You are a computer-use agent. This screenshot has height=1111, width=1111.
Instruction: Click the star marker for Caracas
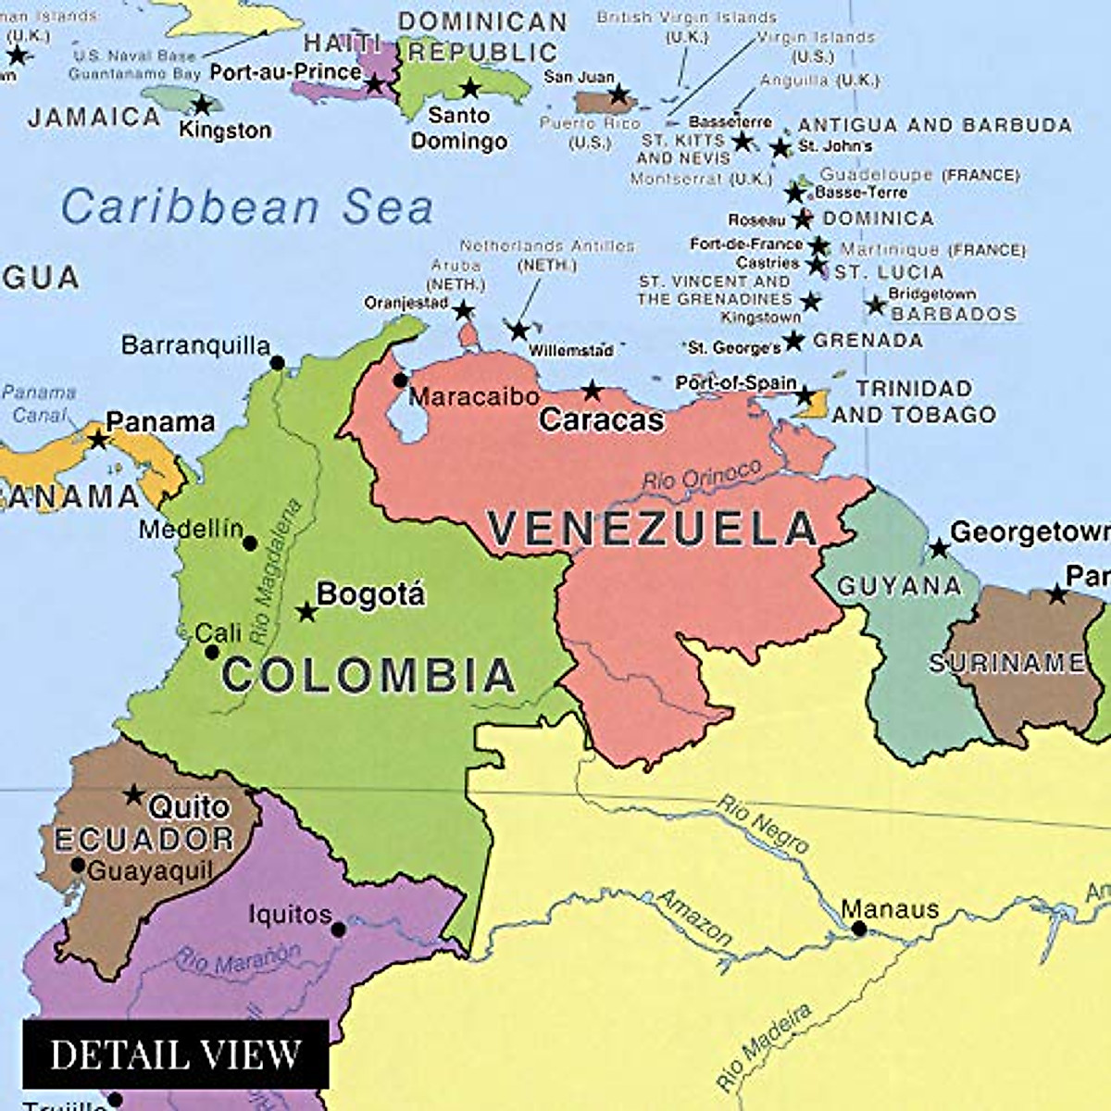592,391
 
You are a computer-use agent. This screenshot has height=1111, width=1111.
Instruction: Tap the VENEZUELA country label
653,530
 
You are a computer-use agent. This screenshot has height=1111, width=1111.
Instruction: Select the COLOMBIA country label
368,675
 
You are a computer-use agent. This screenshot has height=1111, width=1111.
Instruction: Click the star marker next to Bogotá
306,612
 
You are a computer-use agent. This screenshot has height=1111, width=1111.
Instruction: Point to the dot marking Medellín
250,543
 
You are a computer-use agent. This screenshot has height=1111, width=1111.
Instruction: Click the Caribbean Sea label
247,206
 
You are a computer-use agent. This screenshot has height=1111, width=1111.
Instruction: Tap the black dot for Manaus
859,929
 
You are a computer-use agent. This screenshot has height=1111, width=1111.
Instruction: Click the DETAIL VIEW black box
176,1055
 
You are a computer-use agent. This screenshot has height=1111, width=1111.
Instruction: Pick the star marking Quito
134,794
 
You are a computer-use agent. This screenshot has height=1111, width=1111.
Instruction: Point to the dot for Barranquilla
278,364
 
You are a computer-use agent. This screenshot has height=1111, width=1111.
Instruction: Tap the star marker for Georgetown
939,549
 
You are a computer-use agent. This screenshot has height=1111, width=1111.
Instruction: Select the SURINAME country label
1007,663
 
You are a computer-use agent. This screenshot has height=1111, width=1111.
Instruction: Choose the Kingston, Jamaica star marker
202,105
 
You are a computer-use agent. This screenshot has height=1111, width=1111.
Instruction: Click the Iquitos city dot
339,929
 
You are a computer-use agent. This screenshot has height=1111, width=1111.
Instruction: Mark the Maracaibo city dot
400,381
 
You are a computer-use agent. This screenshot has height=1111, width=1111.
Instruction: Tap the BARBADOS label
954,314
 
